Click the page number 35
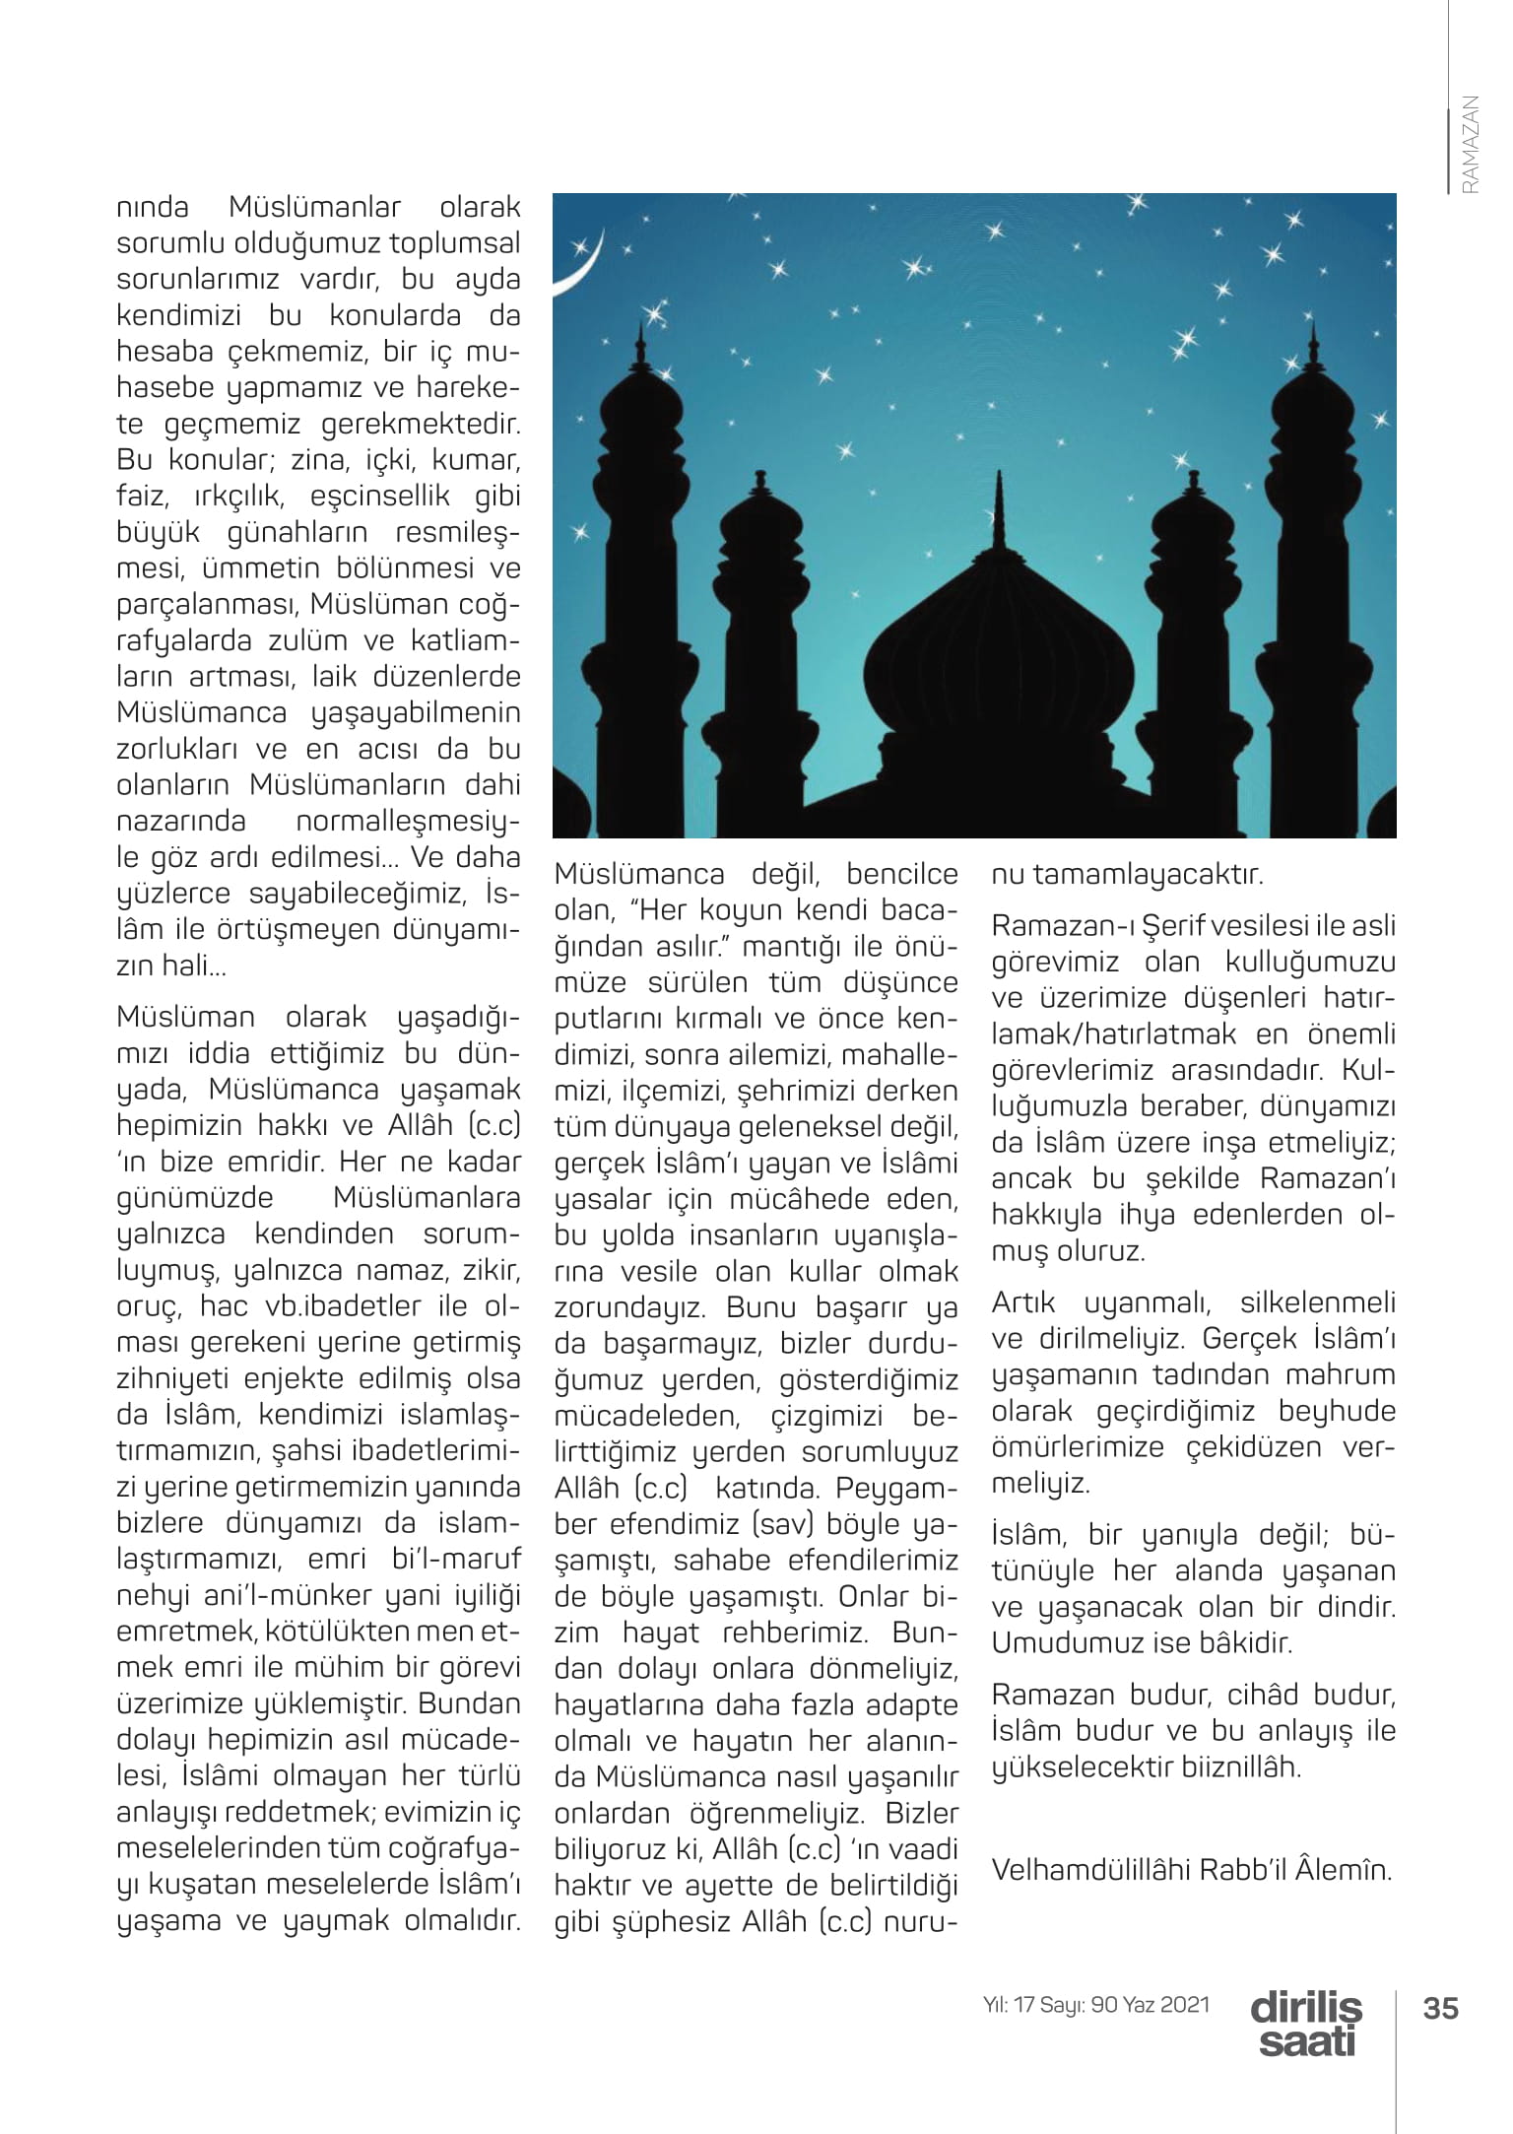[1440, 2008]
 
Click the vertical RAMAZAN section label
[1471, 144]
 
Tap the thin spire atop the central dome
[1000, 502]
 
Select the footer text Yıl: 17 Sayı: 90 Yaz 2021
[1096, 2005]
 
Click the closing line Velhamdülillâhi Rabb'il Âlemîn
[1192, 1869]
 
